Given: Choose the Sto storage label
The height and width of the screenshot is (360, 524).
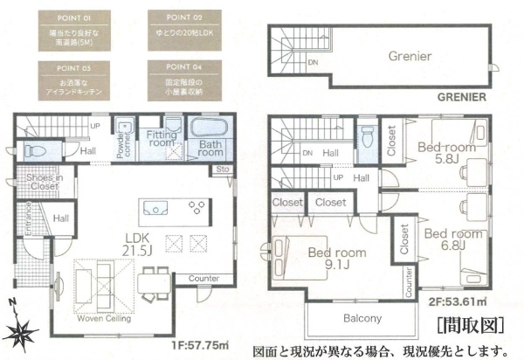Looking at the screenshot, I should [223, 170].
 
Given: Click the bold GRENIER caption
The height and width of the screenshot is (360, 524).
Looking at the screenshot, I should [461, 99].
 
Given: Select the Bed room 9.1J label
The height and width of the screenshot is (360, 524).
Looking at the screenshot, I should [336, 259].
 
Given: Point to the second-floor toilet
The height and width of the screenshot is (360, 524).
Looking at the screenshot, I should [368, 138].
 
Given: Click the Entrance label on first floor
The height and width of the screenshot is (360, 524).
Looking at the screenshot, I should [28, 220].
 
